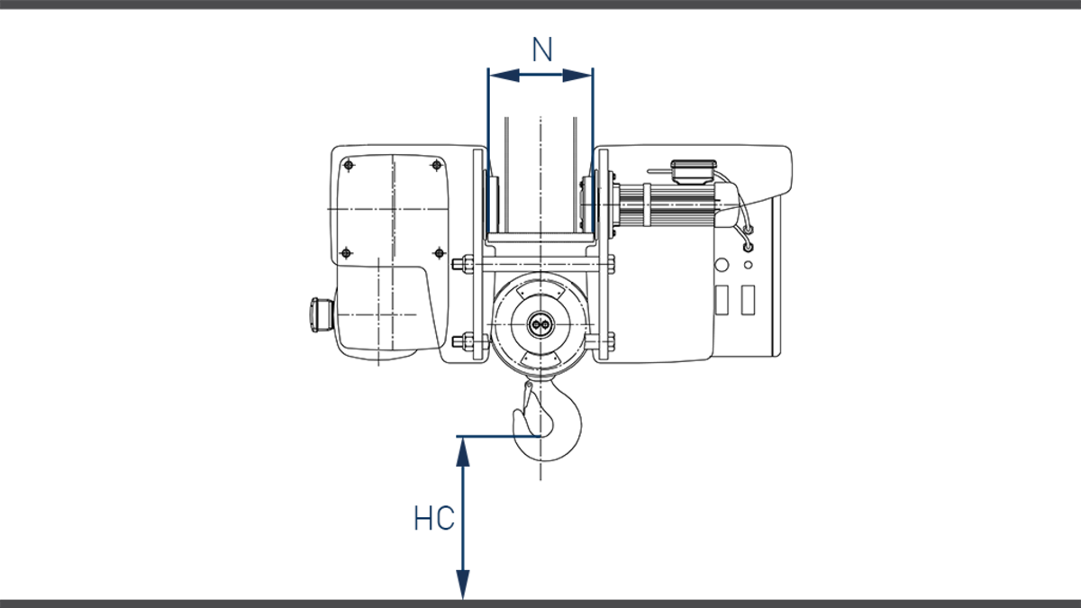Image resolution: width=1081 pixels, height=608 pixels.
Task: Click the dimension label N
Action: click(x=541, y=50)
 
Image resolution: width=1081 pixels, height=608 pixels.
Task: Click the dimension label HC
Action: click(x=433, y=520)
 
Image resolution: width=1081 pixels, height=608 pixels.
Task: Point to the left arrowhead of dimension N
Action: click(x=495, y=76)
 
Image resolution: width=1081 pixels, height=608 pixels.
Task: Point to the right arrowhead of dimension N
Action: click(x=586, y=76)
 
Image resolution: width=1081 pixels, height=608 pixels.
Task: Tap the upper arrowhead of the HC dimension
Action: click(x=463, y=446)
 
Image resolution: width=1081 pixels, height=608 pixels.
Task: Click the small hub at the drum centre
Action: click(x=540, y=325)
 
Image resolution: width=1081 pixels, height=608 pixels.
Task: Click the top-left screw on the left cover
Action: click(x=347, y=166)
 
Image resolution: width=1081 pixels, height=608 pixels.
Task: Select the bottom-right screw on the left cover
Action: click(x=439, y=251)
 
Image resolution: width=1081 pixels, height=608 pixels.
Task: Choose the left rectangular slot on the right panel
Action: click(x=721, y=300)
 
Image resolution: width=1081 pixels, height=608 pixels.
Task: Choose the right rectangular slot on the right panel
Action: click(x=747, y=300)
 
